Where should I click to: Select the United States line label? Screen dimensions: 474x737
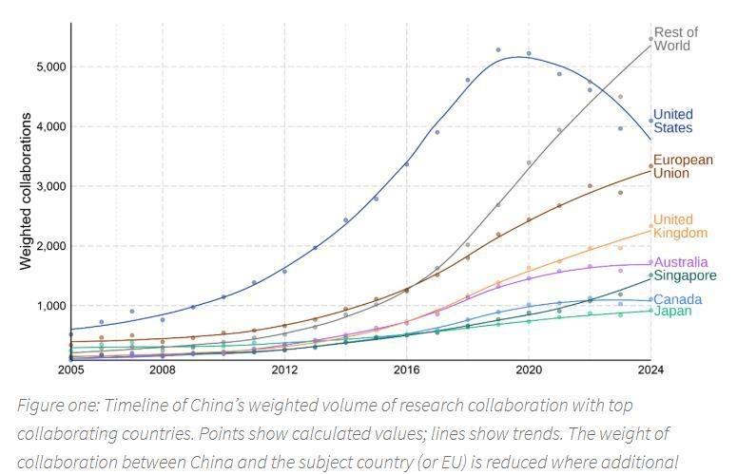[x=672, y=122]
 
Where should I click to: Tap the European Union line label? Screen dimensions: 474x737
[x=682, y=166]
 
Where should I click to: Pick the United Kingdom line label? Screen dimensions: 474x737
[x=680, y=226]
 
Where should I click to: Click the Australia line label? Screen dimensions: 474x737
[x=680, y=262]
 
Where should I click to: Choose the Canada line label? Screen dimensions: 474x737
[x=677, y=299]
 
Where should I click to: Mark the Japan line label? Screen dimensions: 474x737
[x=672, y=312]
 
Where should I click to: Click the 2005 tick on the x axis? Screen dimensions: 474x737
[x=71, y=369]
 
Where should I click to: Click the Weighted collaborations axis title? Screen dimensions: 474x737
[x=27, y=192]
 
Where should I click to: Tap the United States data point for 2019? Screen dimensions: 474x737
[x=498, y=50]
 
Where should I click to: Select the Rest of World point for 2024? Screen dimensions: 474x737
[x=650, y=40]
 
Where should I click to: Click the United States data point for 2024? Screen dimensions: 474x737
[x=650, y=121]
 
